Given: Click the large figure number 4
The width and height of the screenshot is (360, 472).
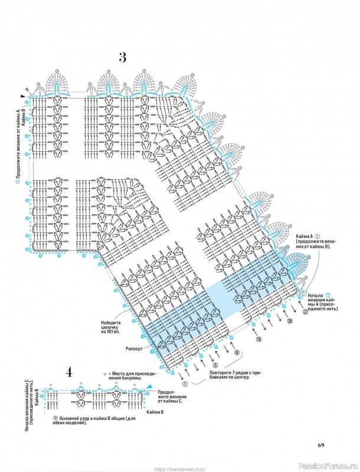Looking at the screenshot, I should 69,372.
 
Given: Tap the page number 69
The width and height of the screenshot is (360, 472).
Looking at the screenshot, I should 321,444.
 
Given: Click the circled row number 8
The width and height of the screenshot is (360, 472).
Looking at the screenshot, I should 237,353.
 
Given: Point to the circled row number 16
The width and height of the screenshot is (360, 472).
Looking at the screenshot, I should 258,340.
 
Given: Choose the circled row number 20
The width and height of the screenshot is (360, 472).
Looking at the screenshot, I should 290,322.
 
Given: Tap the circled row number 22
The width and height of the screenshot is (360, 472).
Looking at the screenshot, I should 305,312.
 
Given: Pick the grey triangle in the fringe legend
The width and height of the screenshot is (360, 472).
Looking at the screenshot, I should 104,374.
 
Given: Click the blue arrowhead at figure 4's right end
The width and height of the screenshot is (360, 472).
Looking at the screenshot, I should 148,385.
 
